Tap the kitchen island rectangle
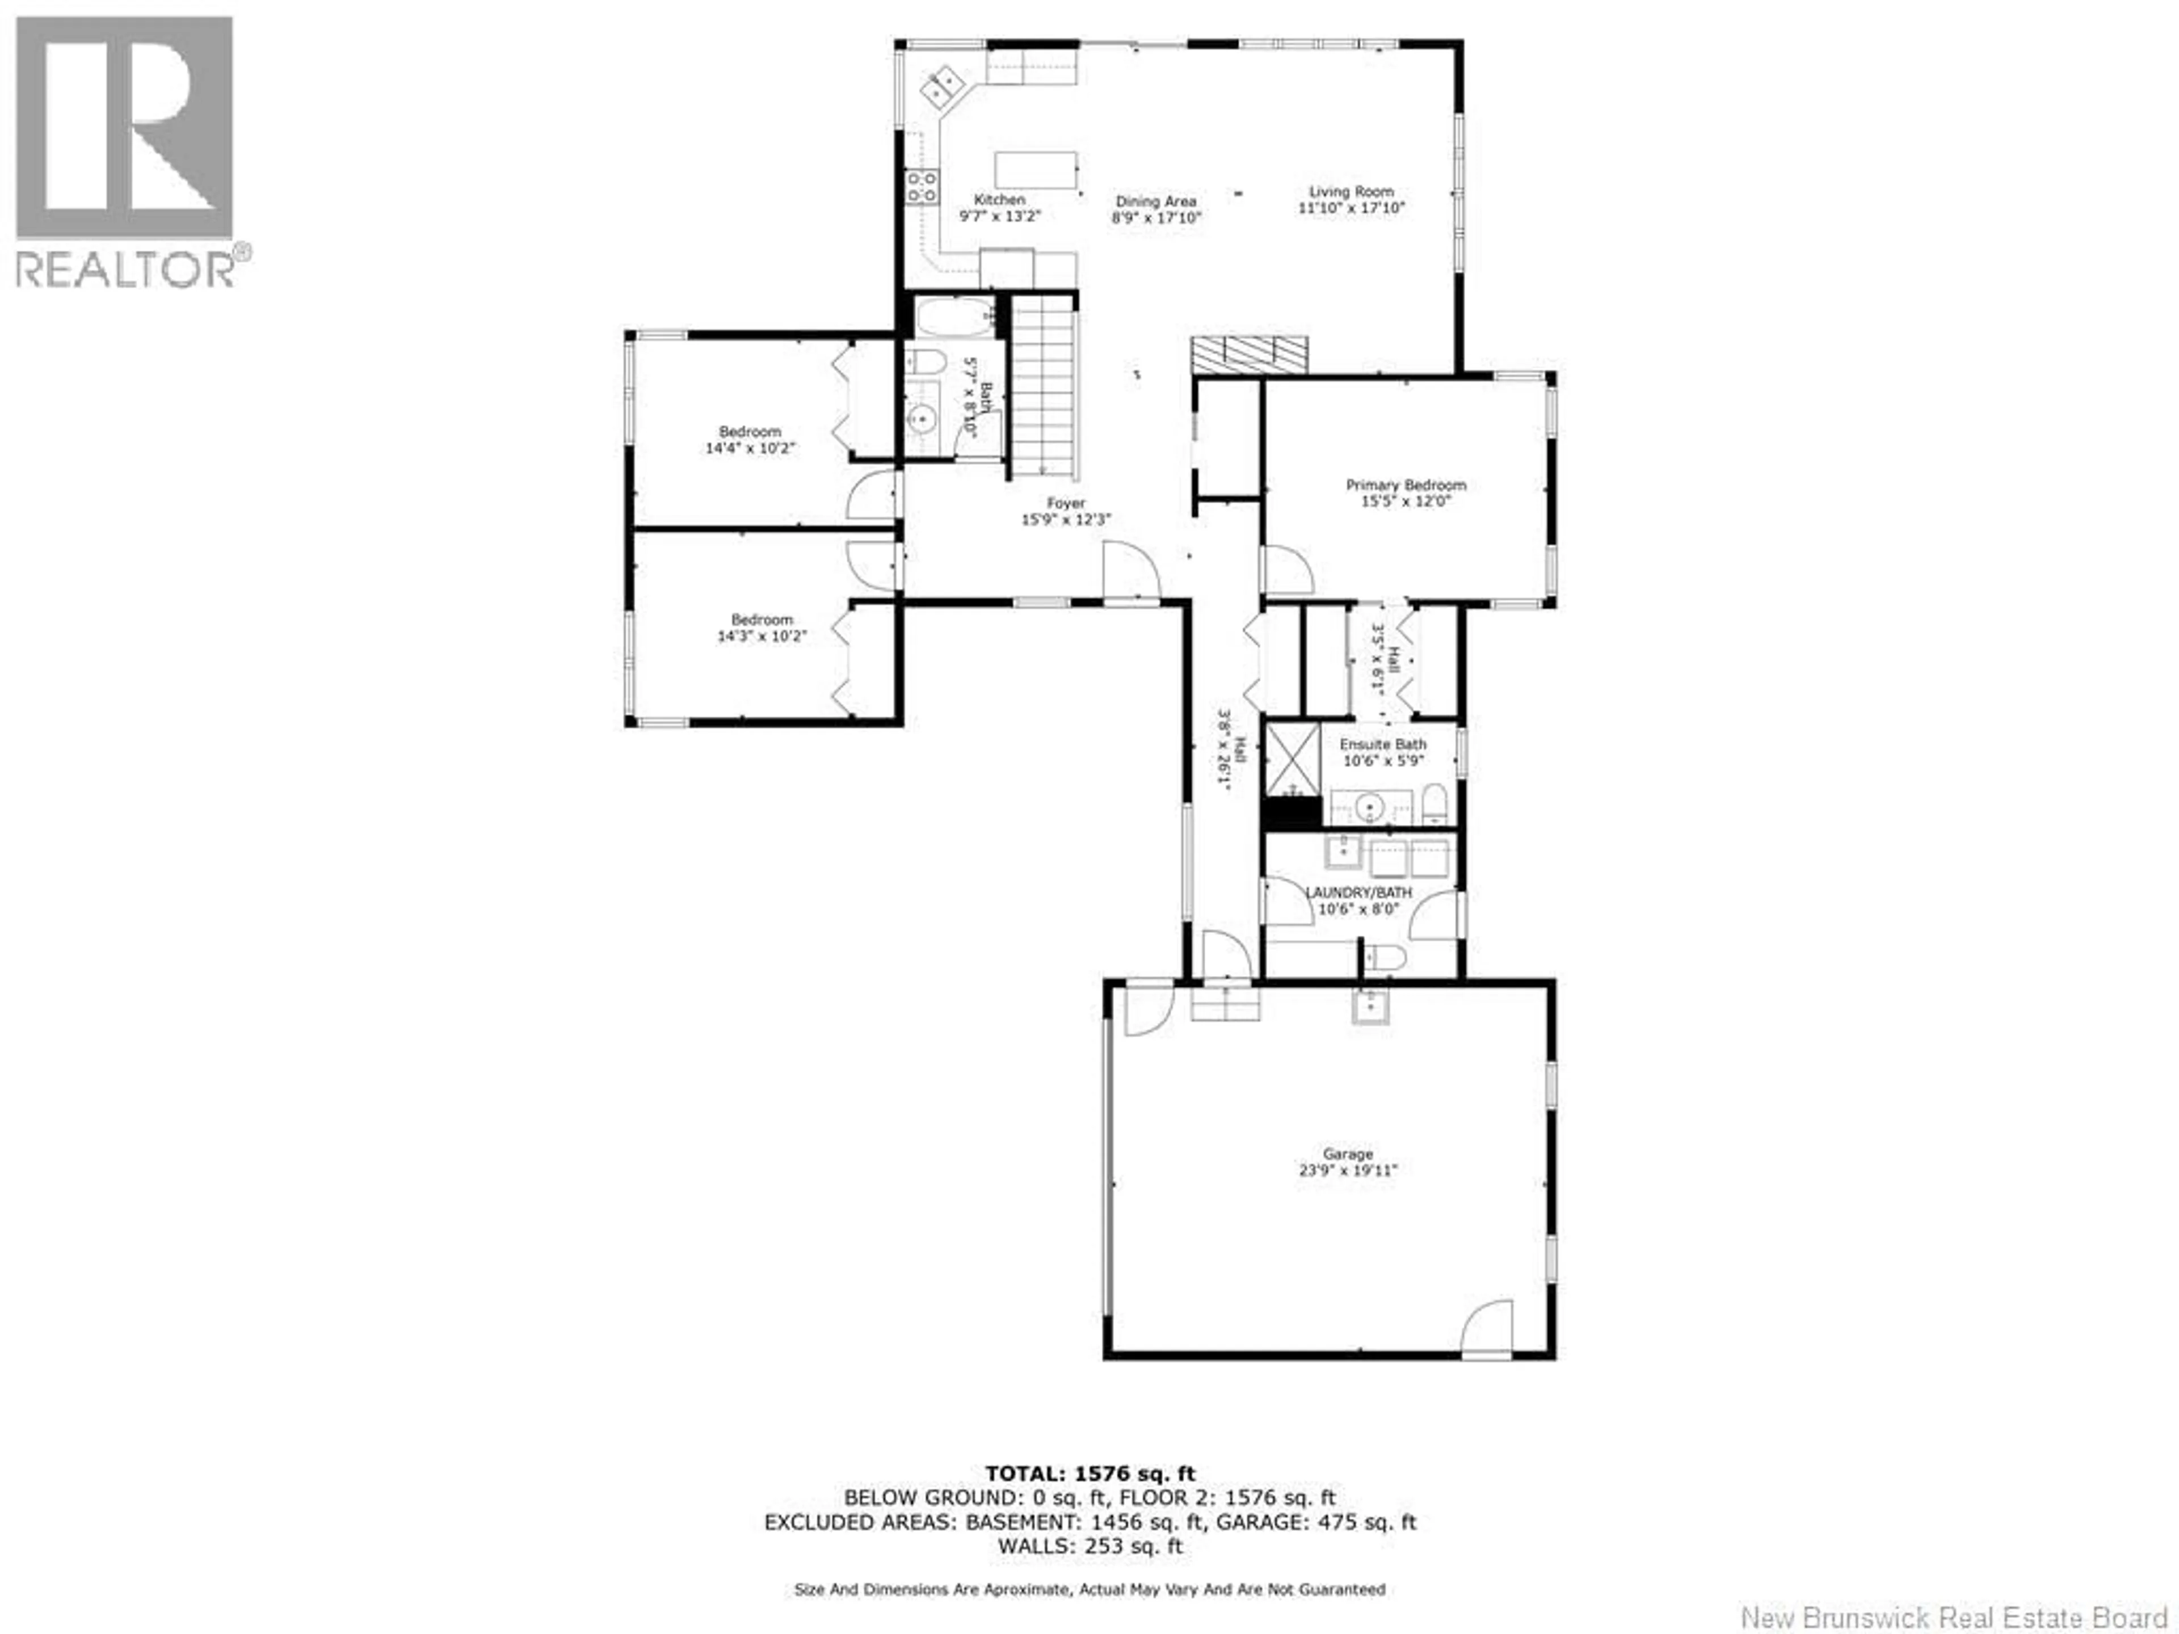pos(1036,170)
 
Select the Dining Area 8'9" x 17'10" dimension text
pos(1156,218)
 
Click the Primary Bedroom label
pos(1406,485)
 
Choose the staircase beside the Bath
pos(1042,389)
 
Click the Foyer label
pos(1066,503)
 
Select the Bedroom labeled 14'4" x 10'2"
pos(750,439)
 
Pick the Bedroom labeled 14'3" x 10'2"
pos(762,628)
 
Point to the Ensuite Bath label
pos(1382,744)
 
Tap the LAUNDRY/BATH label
pos(1358,892)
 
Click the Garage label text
pos(1348,1153)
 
